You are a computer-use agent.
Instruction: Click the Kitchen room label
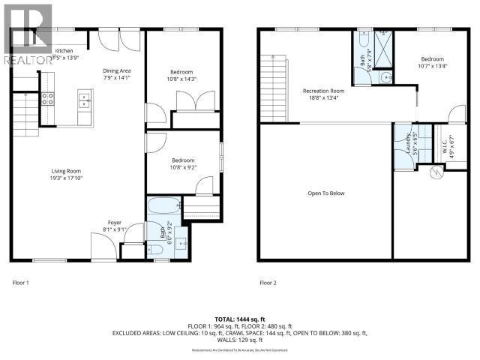64,51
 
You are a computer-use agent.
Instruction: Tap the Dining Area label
116,70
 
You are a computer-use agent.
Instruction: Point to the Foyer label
114,223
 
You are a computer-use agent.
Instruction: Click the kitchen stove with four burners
47,97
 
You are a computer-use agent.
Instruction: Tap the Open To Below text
325,193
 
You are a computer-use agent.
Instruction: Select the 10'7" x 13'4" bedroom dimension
431,66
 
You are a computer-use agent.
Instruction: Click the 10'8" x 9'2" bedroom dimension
183,167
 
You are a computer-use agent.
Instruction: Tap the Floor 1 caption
21,283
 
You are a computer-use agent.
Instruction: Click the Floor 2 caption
268,283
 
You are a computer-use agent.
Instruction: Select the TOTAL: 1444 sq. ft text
239,319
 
